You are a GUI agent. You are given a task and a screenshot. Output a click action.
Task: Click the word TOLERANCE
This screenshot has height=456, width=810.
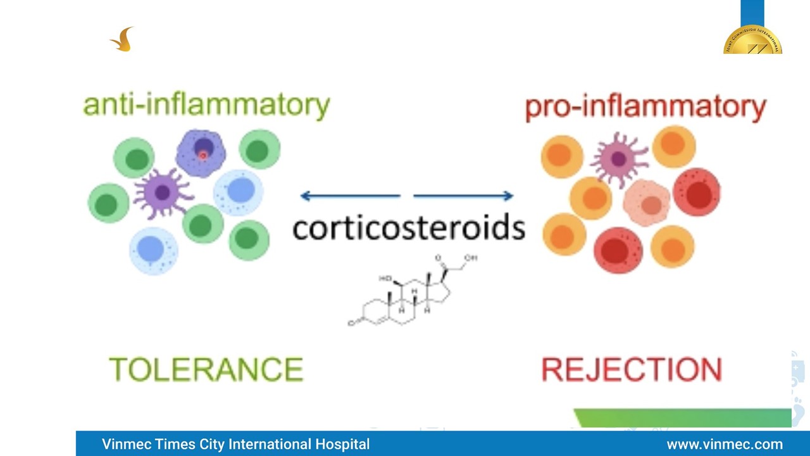coord(206,369)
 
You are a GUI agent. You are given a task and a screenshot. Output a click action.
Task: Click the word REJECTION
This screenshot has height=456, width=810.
coord(632,370)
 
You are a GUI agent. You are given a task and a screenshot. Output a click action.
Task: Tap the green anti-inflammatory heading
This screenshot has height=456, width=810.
coord(206,105)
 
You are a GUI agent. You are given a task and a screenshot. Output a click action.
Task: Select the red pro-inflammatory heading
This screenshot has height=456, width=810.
coord(645,106)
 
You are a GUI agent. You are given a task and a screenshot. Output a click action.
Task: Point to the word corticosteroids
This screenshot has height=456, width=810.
coord(409,227)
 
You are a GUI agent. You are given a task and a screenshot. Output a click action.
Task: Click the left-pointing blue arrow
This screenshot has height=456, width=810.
coord(350,196)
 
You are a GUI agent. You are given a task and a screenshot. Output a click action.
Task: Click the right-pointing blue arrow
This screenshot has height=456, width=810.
coord(463,196)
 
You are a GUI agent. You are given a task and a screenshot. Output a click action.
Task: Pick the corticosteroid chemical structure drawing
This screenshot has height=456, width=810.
coord(411,292)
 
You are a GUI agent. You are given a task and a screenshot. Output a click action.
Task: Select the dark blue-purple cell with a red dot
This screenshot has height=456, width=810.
coord(201,153)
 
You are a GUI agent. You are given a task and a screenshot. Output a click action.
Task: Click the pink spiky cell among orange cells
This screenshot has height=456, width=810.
coord(618,159)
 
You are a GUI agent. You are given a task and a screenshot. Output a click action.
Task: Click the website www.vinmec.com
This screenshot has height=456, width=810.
coord(725,444)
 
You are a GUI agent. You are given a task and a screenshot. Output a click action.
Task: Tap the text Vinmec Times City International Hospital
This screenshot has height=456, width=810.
coord(235,444)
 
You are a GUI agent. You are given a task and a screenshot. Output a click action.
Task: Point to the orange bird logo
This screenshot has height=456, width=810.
coord(123,40)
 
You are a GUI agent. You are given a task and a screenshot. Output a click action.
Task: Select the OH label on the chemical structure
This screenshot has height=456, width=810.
coord(470,258)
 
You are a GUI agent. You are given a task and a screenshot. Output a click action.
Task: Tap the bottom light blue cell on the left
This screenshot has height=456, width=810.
coord(153,250)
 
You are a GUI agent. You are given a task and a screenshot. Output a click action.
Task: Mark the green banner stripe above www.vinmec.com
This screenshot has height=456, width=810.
coord(683,418)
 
